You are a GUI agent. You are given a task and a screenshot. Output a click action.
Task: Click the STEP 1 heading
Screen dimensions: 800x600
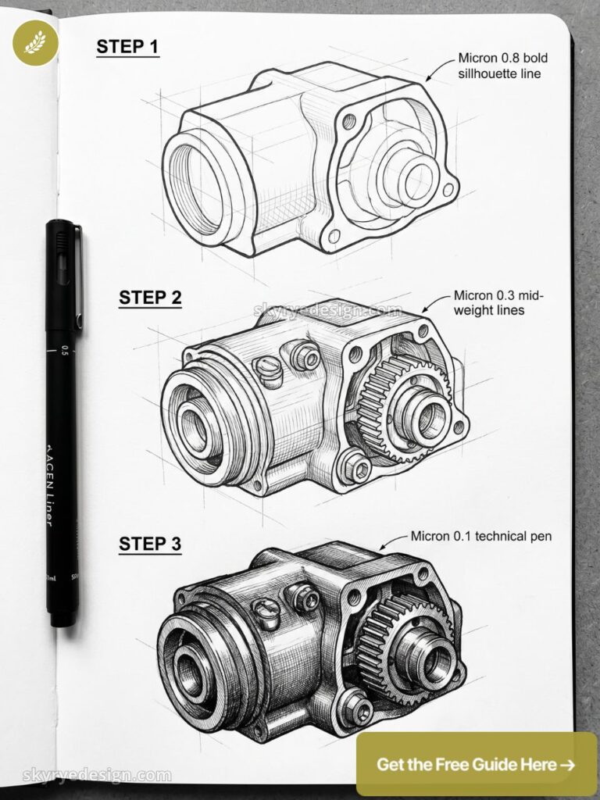[127, 47]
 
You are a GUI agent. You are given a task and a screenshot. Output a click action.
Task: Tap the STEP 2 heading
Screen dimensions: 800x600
[150, 298]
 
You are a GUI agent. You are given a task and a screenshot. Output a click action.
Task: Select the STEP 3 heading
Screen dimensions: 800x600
[150, 544]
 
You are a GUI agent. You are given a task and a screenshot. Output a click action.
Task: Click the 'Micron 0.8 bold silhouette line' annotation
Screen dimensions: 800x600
[499, 66]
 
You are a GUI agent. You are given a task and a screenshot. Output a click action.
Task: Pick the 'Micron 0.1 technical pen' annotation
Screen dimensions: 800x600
[480, 537]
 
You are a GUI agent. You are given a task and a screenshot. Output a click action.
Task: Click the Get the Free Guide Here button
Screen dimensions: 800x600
[476, 764]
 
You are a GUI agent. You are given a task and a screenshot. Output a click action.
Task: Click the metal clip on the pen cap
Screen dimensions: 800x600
[77, 277]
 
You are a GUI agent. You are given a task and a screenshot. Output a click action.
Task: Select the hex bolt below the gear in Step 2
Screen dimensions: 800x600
[357, 468]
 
